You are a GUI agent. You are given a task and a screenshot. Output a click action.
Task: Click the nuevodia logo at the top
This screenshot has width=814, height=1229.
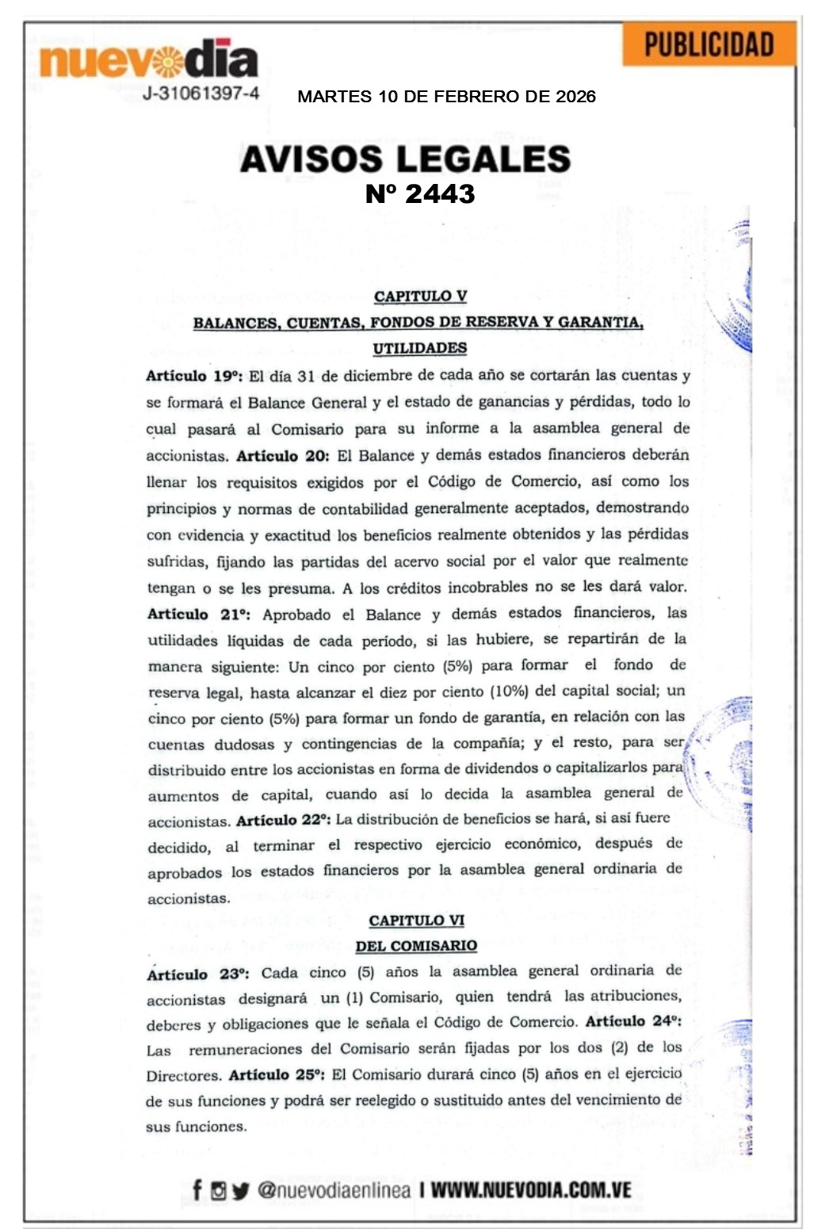148,59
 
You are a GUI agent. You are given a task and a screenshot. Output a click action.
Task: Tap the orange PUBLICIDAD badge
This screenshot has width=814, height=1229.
709,44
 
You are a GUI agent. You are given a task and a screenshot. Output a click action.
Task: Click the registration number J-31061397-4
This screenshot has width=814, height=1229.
201,94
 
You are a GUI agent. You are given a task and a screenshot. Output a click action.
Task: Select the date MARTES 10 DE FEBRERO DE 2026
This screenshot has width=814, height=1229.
446,97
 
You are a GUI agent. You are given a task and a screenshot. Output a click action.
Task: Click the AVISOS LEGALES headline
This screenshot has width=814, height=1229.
405,159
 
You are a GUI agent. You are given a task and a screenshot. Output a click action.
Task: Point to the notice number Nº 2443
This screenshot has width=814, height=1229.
420,194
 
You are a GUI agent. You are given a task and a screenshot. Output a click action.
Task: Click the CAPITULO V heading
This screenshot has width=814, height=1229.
420,297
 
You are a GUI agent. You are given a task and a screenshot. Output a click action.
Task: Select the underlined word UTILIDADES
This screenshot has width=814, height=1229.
420,348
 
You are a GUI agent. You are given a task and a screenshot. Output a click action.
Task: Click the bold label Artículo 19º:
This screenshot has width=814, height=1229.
194,376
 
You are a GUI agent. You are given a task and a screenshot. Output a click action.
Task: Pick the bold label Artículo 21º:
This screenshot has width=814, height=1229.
199,614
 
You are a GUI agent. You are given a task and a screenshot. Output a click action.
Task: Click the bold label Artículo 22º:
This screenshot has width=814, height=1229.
283,820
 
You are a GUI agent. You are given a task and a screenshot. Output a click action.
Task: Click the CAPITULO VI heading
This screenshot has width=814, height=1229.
416,921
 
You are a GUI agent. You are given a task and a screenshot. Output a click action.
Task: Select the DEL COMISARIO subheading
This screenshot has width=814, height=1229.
416,946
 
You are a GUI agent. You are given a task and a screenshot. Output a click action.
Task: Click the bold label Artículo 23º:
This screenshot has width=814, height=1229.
198,974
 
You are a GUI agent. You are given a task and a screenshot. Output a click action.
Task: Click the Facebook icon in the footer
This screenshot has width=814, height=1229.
197,1190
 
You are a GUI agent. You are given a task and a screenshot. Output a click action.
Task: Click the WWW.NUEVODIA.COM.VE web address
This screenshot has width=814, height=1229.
531,1190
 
